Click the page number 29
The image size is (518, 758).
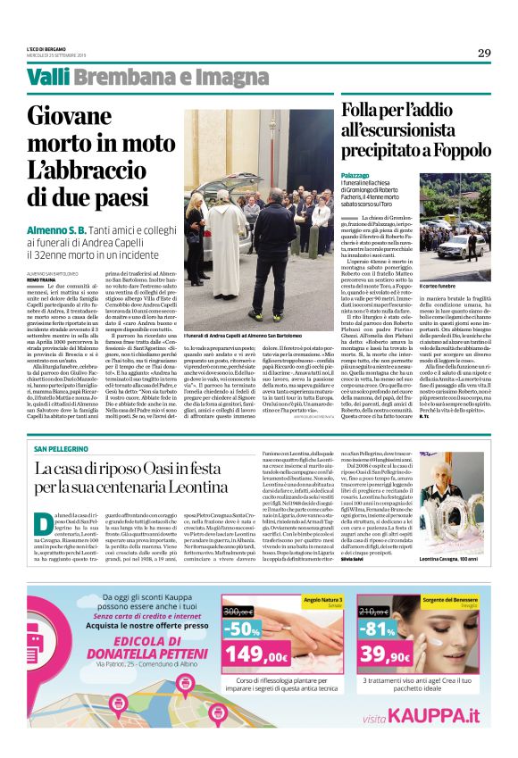484,53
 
